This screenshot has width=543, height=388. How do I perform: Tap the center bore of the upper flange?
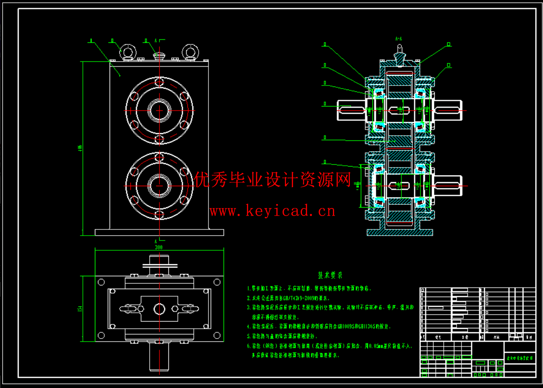[159, 110]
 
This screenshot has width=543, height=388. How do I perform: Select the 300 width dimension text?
[159, 247]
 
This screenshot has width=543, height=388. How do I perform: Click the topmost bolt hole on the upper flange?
[159, 82]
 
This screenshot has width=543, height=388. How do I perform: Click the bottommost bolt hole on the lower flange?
[159, 215]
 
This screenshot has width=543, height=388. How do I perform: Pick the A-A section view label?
[400, 39]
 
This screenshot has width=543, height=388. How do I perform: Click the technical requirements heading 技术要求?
[330, 275]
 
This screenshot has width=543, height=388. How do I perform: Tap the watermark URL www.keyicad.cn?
[272, 211]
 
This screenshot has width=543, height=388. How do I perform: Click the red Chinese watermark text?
[273, 180]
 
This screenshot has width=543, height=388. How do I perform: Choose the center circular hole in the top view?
[159, 308]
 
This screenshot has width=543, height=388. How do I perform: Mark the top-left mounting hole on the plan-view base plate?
[101, 282]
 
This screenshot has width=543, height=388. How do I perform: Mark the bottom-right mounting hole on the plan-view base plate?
[217, 335]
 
